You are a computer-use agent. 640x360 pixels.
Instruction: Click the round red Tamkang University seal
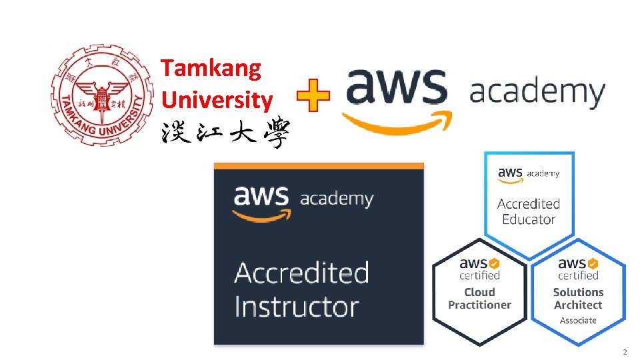coord(97,95)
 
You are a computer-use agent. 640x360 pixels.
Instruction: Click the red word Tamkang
coord(211,67)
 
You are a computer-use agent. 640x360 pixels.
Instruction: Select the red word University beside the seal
coord(217,100)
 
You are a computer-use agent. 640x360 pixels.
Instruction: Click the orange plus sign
coord(313,97)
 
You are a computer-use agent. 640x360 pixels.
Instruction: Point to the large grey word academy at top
coord(537,92)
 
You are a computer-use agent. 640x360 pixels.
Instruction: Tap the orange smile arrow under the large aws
coord(397,123)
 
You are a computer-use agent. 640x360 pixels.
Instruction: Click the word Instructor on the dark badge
coord(297,307)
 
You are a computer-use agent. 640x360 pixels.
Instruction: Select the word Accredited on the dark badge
coord(301,273)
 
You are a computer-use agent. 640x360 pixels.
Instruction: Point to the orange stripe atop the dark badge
coord(319,165)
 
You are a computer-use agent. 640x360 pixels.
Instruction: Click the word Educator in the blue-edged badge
coord(529,219)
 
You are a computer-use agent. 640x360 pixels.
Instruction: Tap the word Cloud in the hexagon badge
coord(480,292)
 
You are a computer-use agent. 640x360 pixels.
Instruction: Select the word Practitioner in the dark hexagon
coord(480,305)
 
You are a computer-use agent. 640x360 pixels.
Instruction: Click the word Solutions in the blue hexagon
coord(578,292)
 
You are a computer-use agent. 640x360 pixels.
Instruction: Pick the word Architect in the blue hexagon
coord(578,305)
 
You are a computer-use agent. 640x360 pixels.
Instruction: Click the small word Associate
coord(578,321)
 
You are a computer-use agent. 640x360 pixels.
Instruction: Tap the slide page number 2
coord(625,351)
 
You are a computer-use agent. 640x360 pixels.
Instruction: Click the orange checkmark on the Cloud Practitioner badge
coord(495,263)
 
